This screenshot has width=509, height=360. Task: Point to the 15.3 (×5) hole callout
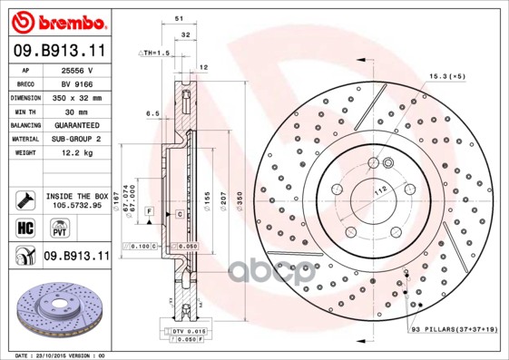tap(446, 75)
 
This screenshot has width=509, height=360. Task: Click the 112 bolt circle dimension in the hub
tap(382, 188)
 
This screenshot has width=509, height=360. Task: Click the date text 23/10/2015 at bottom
tap(53, 355)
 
